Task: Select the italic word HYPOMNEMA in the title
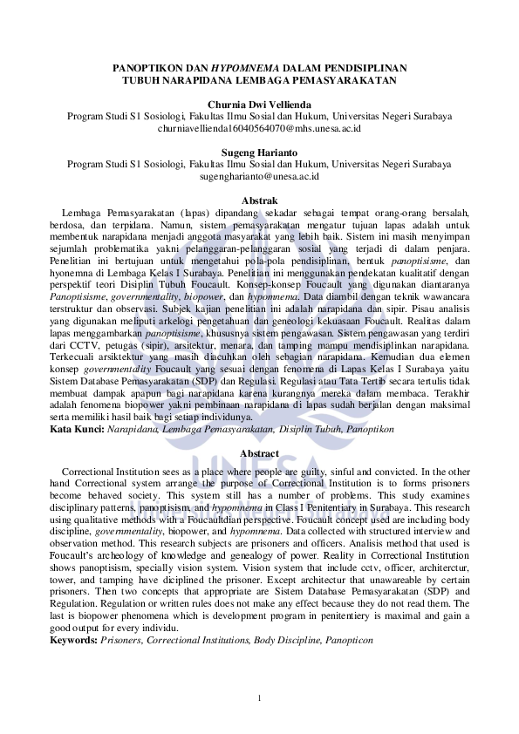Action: coord(242,68)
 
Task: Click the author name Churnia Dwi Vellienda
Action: coord(259,105)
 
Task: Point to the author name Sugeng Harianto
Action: coord(259,153)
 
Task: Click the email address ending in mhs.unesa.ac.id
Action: coord(259,128)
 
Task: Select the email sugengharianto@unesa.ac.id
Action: coord(259,176)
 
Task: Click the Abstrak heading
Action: coord(259,200)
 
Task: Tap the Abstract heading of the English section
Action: coord(259,453)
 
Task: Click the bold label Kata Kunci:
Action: coord(76,430)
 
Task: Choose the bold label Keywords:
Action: coord(74,641)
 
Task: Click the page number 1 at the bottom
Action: coord(259,697)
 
